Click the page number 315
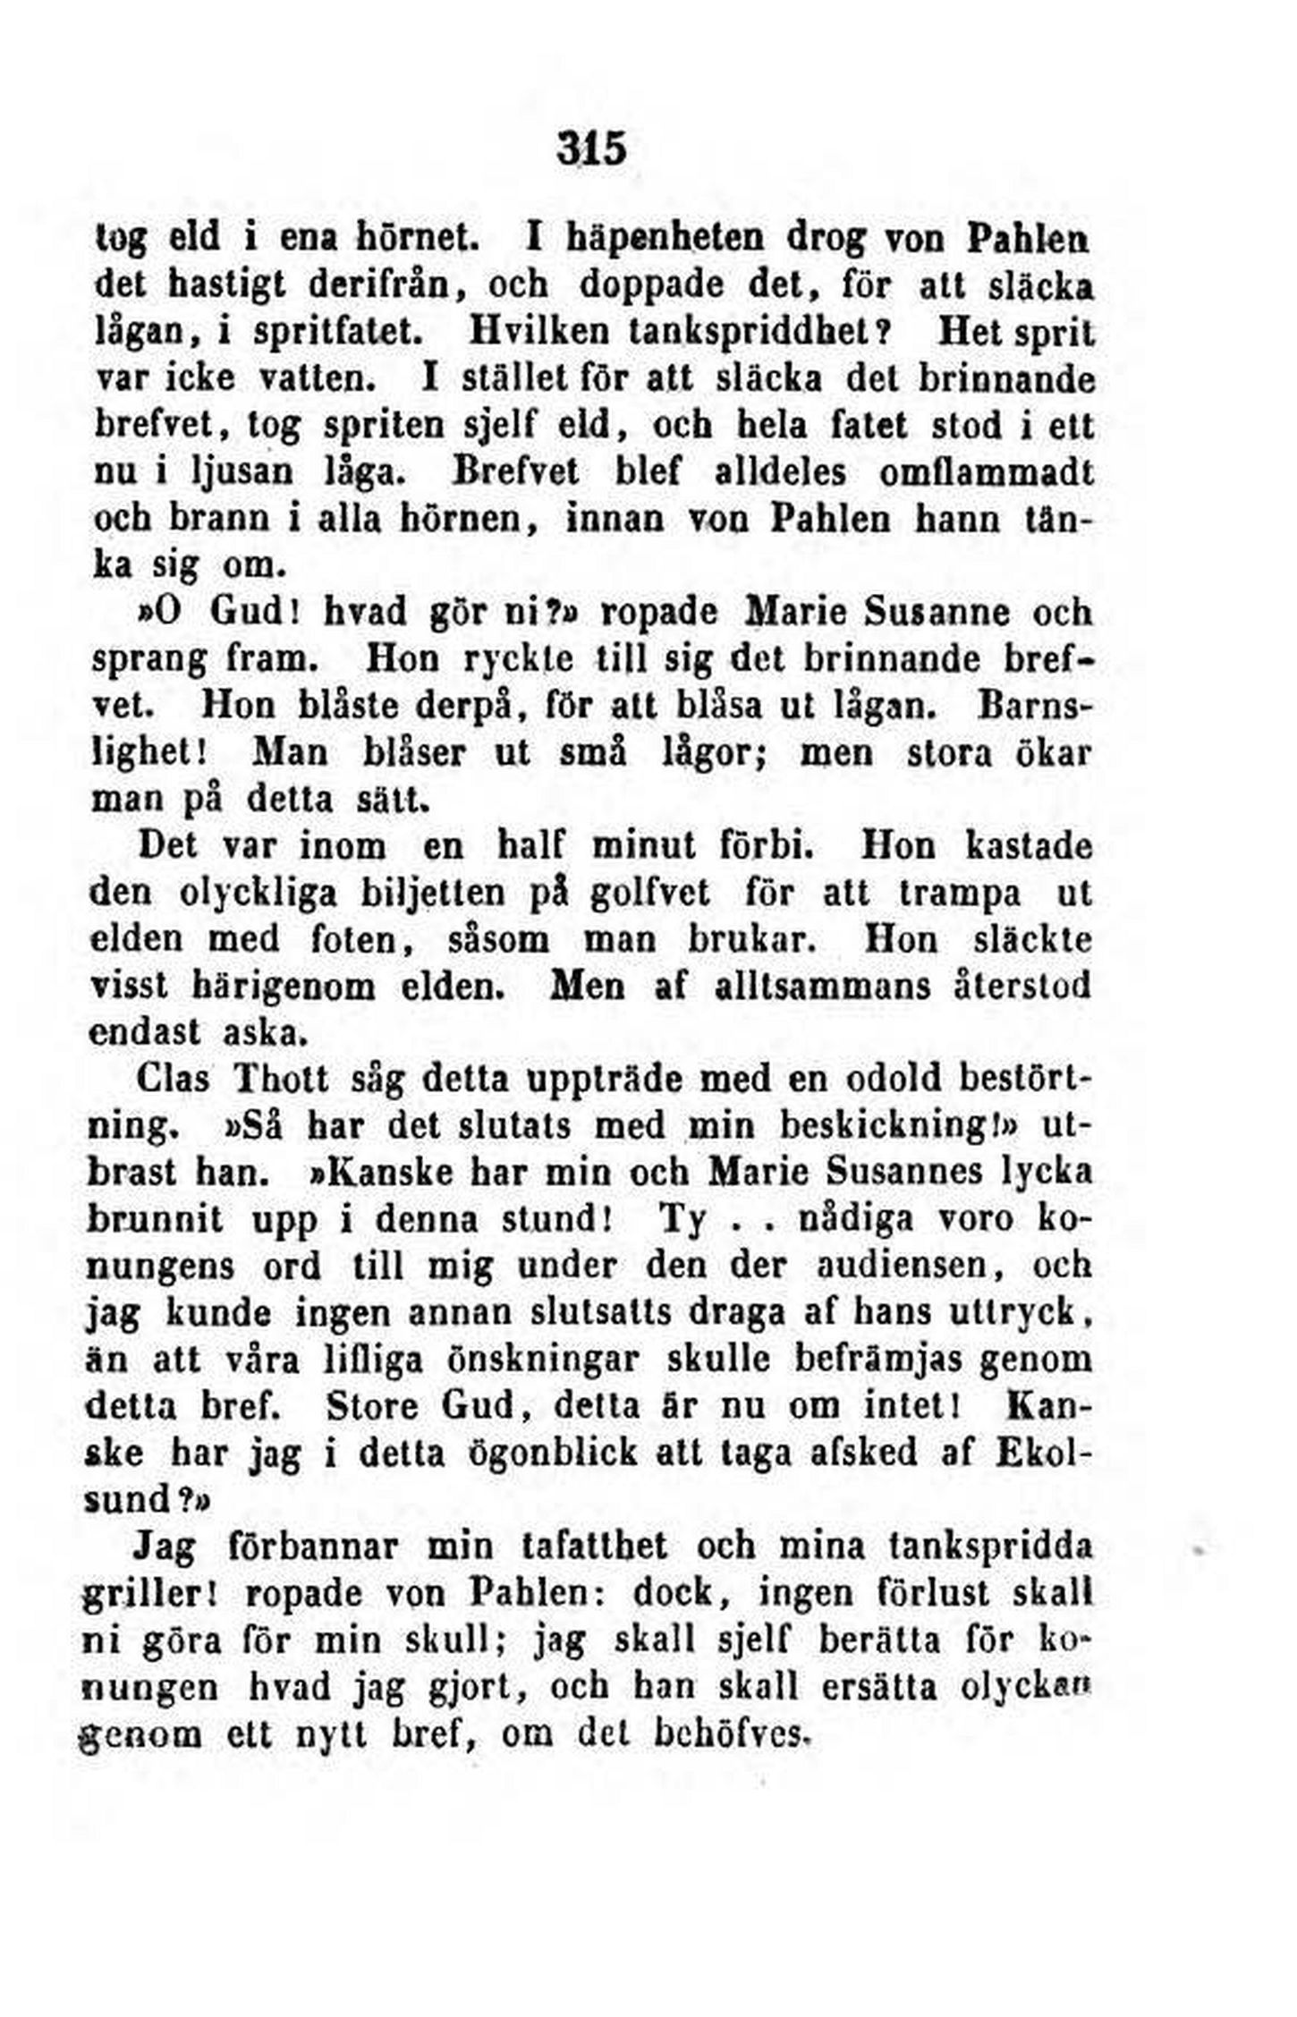pos(591,148)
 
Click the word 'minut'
pos(644,846)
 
